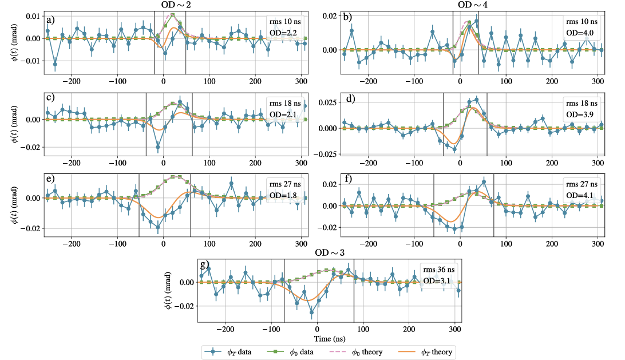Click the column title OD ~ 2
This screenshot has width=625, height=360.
[x=176, y=5]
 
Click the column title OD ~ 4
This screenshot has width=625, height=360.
[x=473, y=5]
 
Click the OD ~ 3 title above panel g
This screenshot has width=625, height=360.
[x=330, y=253]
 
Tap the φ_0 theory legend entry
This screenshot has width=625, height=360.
[x=356, y=352]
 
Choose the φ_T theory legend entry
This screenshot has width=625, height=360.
[x=425, y=352]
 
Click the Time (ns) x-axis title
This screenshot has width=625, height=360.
[x=330, y=339]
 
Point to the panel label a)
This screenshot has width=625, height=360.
[x=50, y=21]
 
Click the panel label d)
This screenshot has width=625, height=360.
[x=350, y=98]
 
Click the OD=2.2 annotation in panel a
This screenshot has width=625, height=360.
[x=283, y=33]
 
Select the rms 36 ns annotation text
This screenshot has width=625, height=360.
[x=439, y=270]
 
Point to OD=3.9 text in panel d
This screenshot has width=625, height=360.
[x=580, y=114]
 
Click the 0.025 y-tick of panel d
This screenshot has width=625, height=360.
[x=327, y=102]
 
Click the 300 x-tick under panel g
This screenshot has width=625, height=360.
[x=455, y=329]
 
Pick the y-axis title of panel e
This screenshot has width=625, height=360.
[x=15, y=205]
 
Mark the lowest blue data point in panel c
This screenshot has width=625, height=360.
[x=158, y=147]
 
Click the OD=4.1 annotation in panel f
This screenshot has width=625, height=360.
[x=580, y=195]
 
